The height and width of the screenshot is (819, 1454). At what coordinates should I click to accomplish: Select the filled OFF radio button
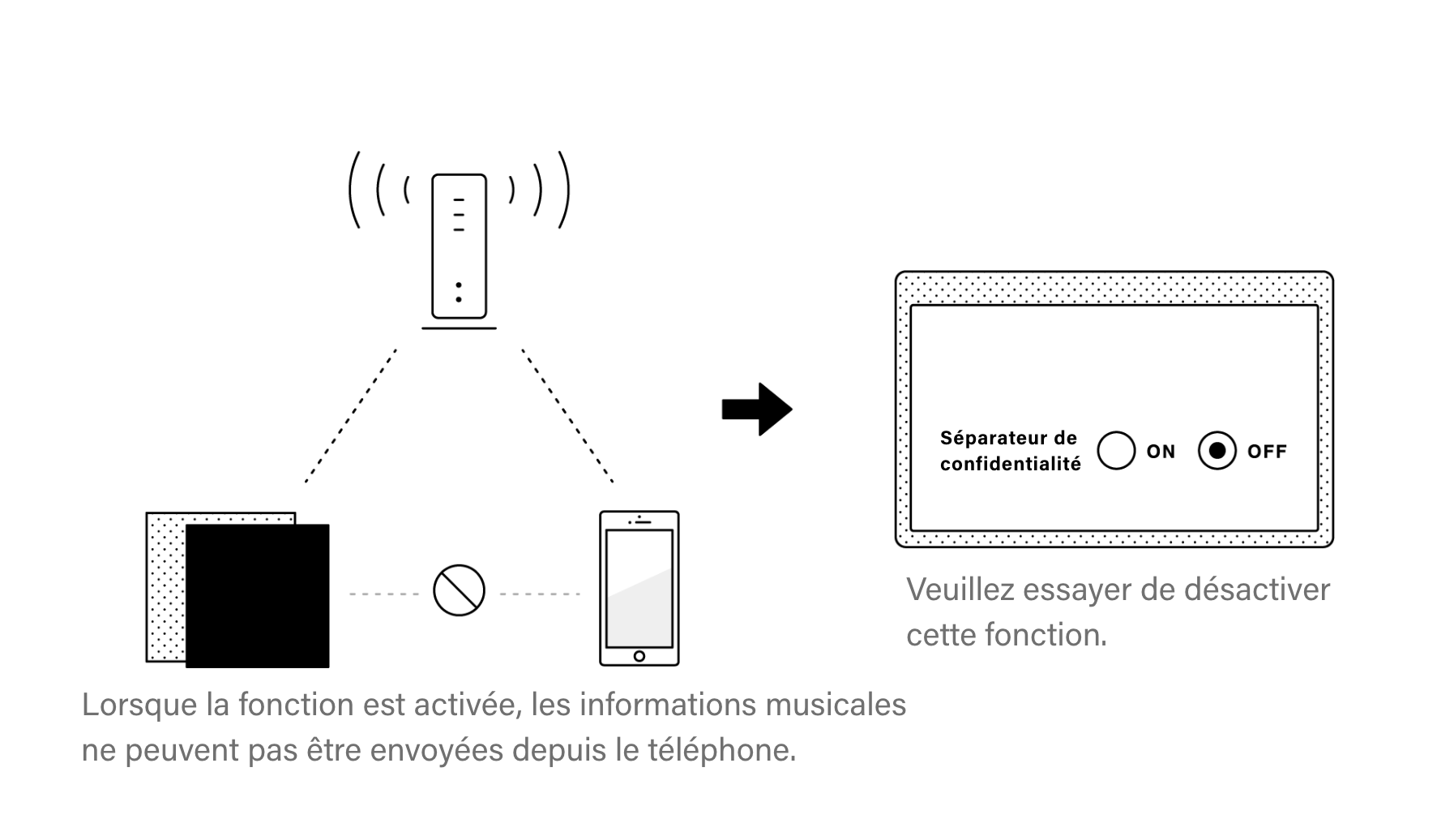tap(1217, 451)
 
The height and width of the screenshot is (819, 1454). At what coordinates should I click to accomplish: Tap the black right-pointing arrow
tap(757, 409)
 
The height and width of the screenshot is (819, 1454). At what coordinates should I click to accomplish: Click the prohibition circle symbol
tap(459, 590)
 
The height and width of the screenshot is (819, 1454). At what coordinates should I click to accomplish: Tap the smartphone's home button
tap(639, 656)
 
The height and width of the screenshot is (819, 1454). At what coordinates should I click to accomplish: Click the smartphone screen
tap(639, 588)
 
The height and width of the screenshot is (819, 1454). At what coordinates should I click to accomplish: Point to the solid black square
tap(258, 596)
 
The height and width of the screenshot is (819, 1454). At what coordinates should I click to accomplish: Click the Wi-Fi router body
tap(459, 246)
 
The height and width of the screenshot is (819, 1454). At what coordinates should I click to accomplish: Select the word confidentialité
tap(1011, 464)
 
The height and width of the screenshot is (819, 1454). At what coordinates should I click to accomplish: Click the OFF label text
tap(1267, 452)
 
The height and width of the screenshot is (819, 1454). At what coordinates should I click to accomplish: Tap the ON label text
tap(1161, 452)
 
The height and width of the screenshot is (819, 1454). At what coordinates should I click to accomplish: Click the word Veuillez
tap(960, 590)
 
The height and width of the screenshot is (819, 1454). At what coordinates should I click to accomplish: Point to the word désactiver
tap(1257, 590)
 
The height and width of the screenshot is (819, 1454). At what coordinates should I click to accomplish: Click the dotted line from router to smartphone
tap(567, 416)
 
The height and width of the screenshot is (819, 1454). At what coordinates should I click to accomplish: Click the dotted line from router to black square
tap(351, 416)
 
